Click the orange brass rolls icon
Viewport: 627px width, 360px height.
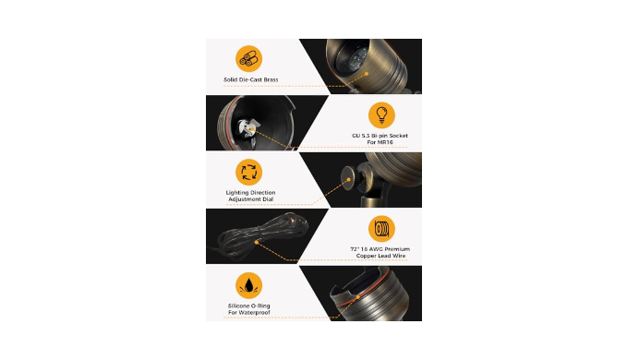248,59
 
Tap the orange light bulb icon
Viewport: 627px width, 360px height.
381,115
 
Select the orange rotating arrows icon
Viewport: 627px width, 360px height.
248,173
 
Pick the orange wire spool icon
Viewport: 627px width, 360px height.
381,229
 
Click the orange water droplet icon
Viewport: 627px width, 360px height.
248,285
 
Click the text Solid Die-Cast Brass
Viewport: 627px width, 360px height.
251,79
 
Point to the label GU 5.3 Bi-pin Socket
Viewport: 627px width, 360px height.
380,136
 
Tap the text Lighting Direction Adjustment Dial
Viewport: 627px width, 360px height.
251,196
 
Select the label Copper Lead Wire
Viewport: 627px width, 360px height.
380,256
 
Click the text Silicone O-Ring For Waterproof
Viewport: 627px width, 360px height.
249,309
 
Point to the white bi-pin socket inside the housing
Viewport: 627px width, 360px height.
247,129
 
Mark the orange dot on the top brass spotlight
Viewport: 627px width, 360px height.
367,74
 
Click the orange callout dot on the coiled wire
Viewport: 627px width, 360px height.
257,242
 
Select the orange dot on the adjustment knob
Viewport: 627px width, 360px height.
348,180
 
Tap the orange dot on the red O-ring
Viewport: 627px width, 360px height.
358,297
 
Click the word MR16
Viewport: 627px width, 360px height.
385,142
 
